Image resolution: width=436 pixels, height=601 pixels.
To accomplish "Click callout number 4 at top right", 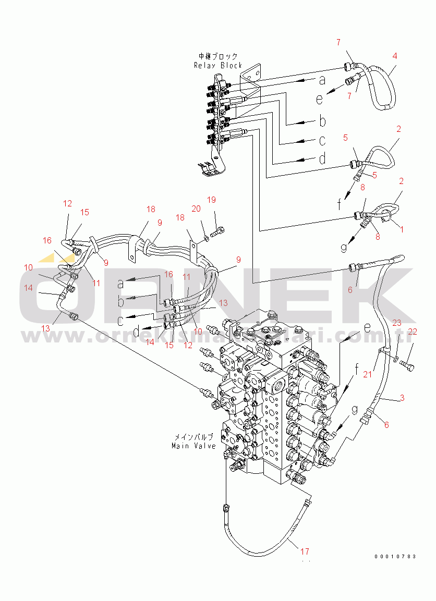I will click(x=394, y=56).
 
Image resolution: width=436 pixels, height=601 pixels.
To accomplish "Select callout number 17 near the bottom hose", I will click(x=305, y=551).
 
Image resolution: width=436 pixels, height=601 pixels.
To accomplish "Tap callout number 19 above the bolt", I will click(x=211, y=200).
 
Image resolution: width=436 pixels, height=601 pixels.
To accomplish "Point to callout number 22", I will click(x=413, y=332).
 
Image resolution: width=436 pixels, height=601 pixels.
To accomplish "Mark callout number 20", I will click(x=196, y=208).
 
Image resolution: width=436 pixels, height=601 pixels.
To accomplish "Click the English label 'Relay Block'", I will click(x=218, y=65).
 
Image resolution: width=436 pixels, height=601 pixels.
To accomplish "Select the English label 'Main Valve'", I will click(x=193, y=446).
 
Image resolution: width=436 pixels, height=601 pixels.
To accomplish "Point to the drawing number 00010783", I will click(x=395, y=557).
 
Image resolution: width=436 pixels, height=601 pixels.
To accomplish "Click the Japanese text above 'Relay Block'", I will click(x=218, y=56).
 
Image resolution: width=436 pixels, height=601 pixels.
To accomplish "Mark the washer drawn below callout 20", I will click(x=207, y=238).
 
